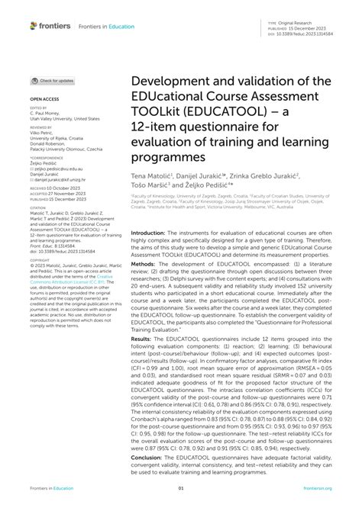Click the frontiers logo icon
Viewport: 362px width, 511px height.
(x=34, y=25)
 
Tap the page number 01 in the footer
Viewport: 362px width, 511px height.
(x=181, y=488)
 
